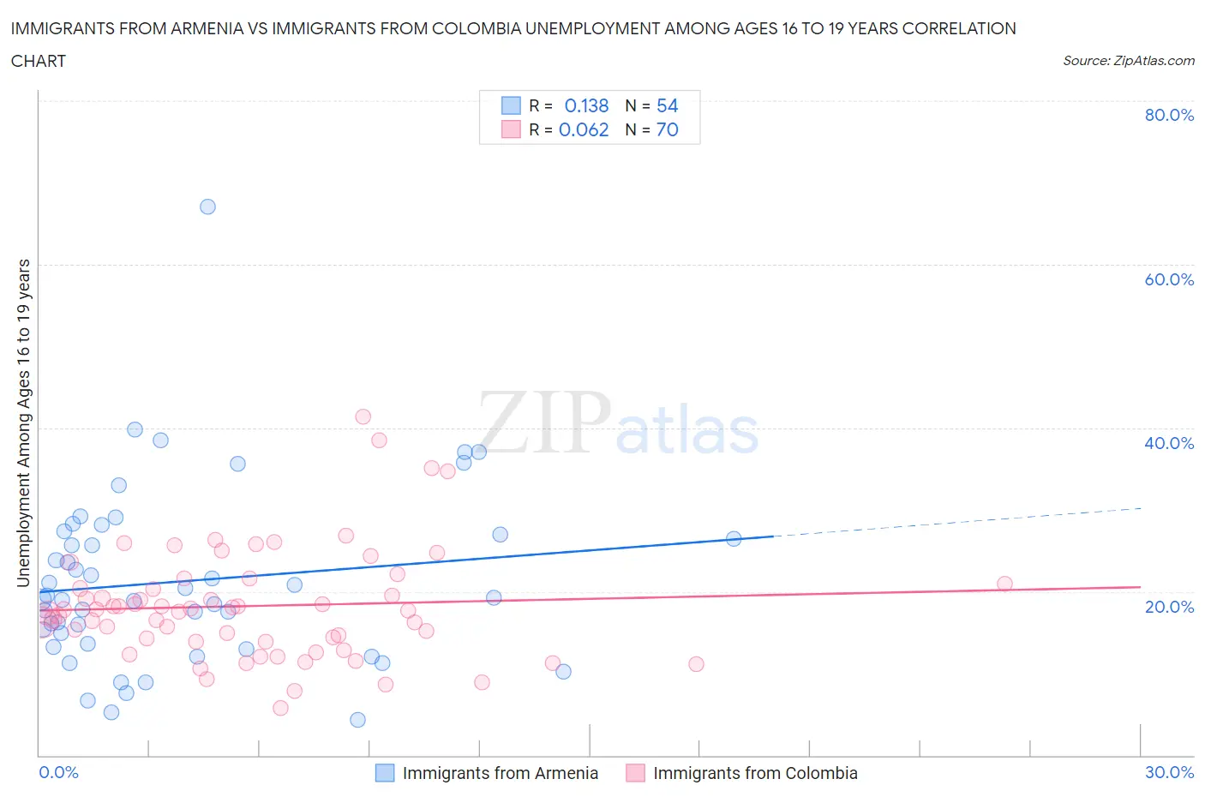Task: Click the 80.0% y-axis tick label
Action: tap(1169, 116)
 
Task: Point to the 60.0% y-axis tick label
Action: tap(1169, 279)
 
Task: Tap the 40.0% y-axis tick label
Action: tap(1169, 443)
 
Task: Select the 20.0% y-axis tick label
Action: tap(1169, 607)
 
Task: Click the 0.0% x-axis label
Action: tap(58, 772)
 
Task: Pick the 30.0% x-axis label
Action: tap(1169, 772)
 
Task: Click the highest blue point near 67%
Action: tap(207, 207)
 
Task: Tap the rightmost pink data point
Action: tap(1004, 584)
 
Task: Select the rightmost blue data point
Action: tap(734, 539)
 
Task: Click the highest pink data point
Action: tap(363, 416)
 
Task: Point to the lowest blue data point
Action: tap(357, 720)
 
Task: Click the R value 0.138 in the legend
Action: tap(586, 105)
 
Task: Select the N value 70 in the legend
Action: tap(667, 129)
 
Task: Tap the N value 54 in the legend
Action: tap(667, 105)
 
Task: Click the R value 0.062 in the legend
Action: tap(584, 129)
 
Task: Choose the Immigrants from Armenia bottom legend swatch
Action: tap(385, 773)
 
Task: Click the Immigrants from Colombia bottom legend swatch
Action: tap(635, 773)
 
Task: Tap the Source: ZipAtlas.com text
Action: tap(1128, 61)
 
